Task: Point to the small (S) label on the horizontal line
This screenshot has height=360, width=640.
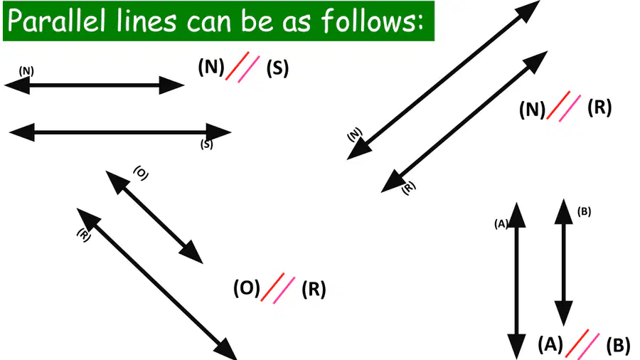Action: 206,144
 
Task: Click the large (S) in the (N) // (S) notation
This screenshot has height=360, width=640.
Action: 277,68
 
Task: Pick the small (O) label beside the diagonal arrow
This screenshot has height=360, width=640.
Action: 141,173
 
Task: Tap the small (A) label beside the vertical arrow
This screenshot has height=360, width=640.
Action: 501,223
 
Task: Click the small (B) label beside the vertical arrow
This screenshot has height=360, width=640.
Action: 584,211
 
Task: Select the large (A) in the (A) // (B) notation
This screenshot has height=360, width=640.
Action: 550,344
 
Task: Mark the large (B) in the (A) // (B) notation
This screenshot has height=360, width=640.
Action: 618,346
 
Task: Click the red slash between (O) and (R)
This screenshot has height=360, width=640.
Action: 272,287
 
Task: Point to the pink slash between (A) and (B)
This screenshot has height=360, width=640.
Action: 589,346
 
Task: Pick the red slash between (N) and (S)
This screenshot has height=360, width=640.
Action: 238,65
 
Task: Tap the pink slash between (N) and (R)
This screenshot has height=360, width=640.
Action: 570,108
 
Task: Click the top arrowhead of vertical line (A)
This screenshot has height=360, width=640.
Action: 517,214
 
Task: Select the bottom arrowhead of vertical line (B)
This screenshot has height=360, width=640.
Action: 564,314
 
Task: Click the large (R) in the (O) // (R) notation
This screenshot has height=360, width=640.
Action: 314,289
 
